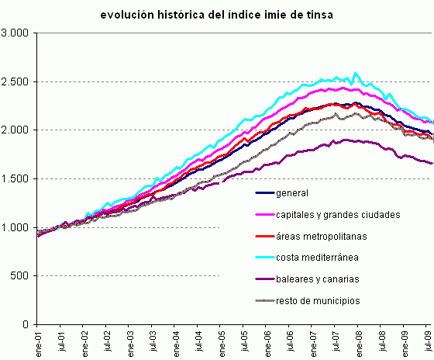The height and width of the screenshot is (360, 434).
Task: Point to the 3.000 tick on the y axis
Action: pos(15,33)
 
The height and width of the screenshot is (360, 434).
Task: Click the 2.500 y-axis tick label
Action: pos(15,81)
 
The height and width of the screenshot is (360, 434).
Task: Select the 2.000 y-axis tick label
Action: pos(15,130)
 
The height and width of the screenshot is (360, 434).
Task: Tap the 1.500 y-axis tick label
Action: pos(15,179)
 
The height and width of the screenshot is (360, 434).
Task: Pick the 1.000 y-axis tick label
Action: pos(15,227)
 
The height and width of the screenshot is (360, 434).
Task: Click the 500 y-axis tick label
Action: pos(20,276)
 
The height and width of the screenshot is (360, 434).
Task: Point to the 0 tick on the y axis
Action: pos(26,324)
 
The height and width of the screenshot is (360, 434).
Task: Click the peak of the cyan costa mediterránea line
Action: pos(356,73)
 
